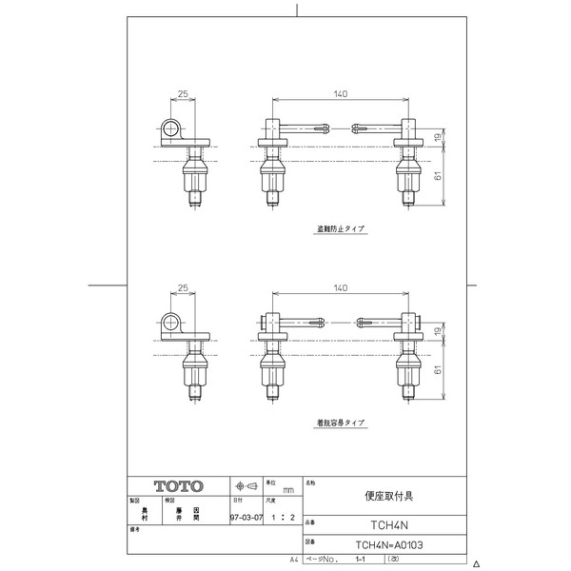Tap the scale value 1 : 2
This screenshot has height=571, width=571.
276,519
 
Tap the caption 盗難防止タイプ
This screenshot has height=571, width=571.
342,229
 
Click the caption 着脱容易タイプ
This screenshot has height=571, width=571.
342,422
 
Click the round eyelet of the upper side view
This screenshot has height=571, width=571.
171,129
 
